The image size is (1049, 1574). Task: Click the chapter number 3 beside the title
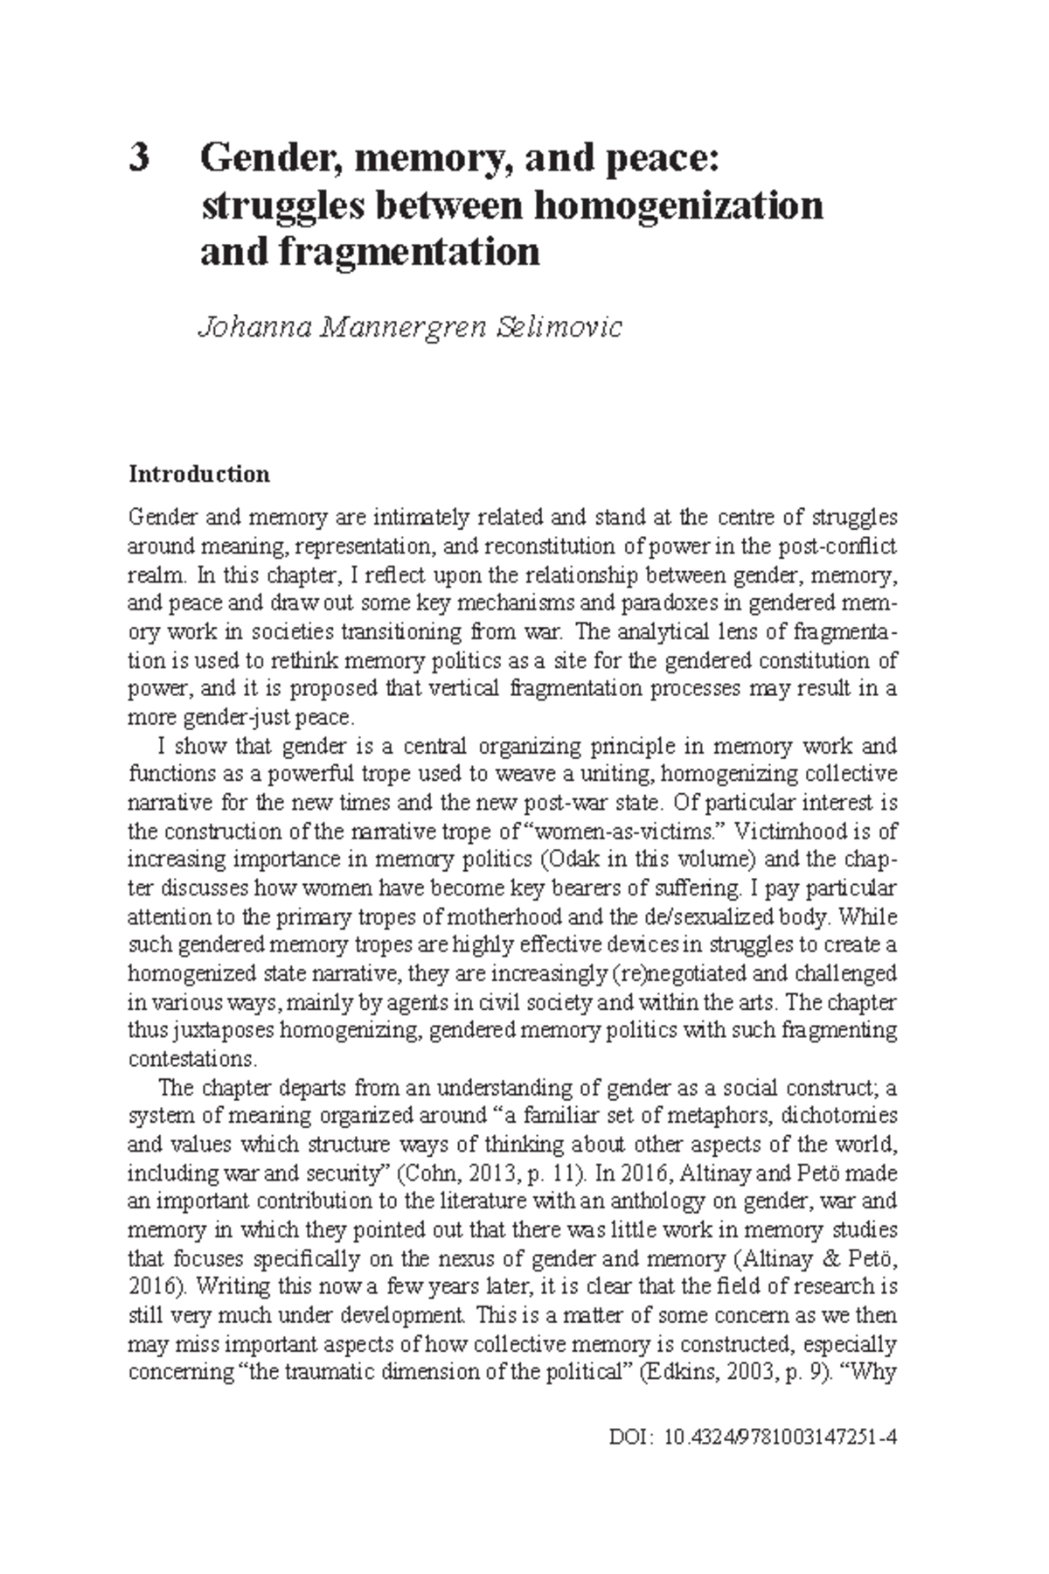[x=139, y=159]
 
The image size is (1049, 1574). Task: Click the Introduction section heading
[x=199, y=475]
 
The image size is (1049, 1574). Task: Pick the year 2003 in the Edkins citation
[x=746, y=1372]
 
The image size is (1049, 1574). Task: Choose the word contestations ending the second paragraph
[x=191, y=1059]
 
